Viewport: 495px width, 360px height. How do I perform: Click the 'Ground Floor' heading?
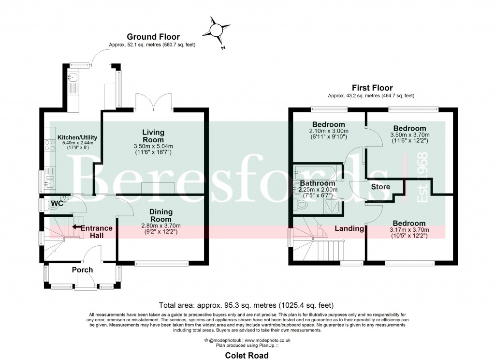click(153, 37)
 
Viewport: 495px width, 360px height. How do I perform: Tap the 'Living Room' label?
click(153, 135)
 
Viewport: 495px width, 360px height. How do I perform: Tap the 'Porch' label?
click(82, 270)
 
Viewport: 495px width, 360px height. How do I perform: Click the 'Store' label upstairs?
click(380, 187)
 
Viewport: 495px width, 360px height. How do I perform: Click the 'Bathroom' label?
click(317, 183)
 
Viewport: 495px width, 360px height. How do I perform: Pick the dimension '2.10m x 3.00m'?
click(329, 131)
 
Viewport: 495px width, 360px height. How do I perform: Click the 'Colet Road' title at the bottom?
click(247, 355)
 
